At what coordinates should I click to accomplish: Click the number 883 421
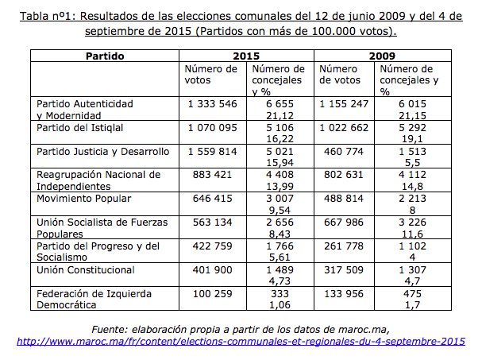(212, 174)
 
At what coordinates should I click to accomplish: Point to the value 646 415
(212, 197)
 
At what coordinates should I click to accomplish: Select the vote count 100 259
(212, 294)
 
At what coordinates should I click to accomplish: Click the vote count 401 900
(212, 270)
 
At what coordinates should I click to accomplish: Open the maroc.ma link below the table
(241, 342)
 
